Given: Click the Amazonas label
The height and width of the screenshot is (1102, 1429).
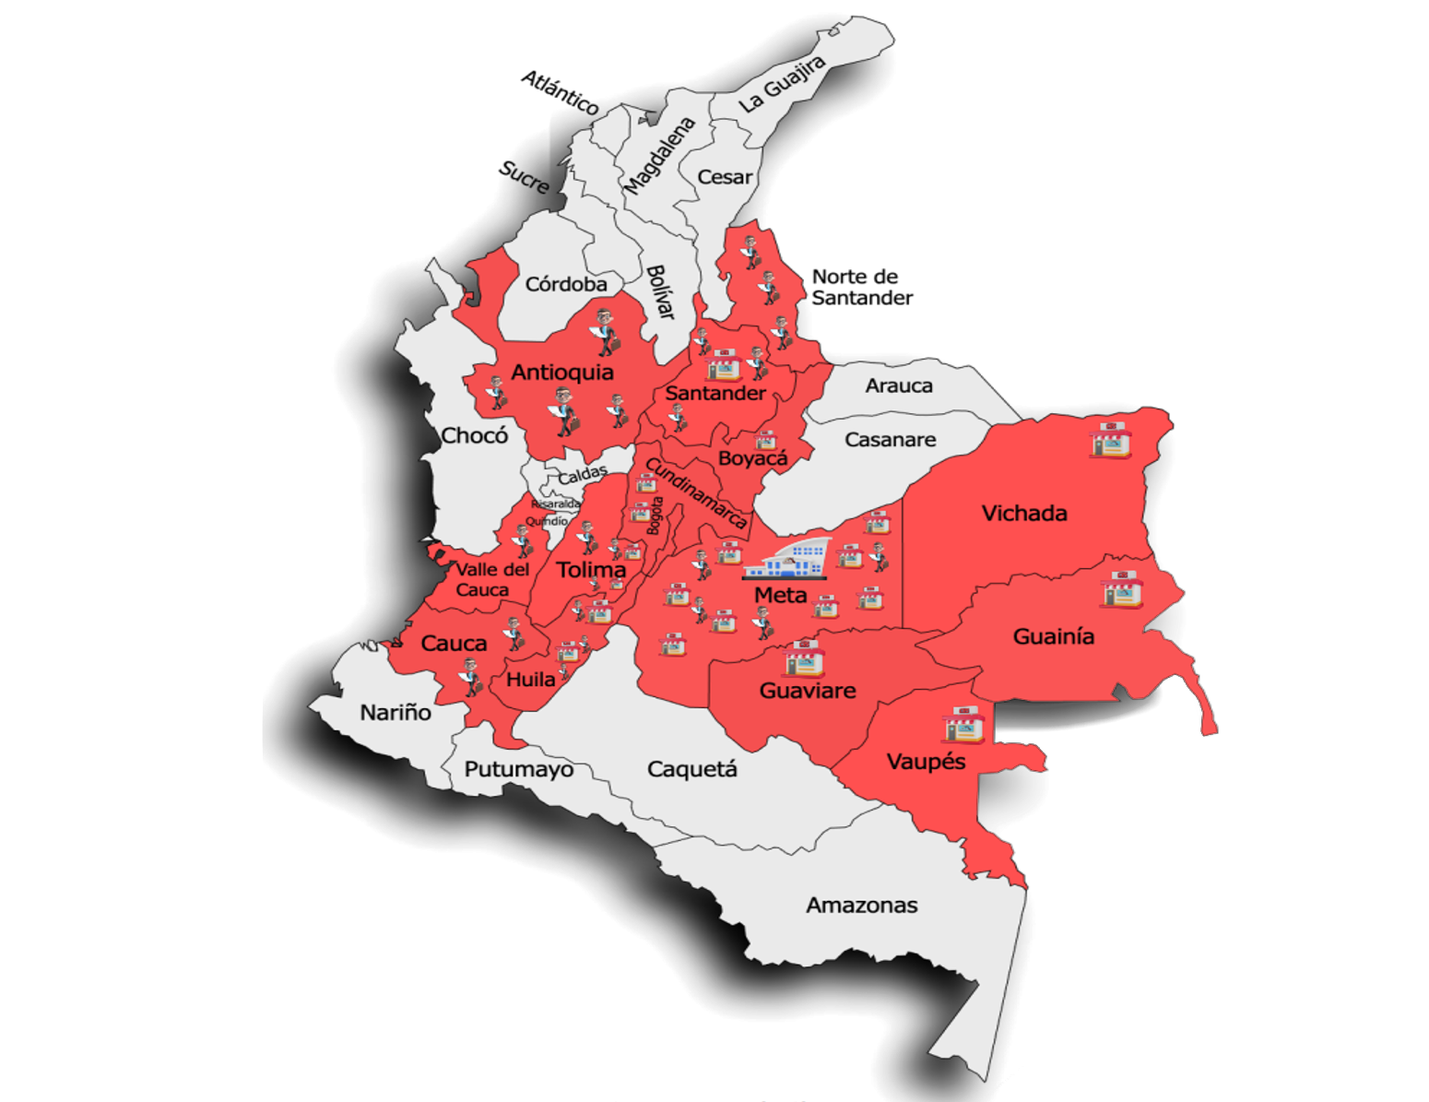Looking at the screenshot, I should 861,905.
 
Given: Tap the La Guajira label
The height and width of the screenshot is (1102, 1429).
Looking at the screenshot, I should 782,84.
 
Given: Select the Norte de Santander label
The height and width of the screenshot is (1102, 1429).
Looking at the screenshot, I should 861,287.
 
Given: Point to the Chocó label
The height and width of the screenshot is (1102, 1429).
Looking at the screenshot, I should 474,435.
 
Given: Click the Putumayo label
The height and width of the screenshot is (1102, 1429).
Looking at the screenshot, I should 518,769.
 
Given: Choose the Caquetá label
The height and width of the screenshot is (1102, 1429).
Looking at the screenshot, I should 691,769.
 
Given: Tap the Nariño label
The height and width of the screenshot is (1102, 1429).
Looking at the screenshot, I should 396,712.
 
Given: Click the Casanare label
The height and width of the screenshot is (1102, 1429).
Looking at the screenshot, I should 890,440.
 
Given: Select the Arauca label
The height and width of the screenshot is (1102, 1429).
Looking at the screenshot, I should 898,385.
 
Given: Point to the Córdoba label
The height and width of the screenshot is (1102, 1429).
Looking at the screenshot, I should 566,284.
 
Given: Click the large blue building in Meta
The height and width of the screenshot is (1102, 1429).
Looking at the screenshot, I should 788,559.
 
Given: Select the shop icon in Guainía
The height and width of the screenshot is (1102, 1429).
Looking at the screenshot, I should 1122,588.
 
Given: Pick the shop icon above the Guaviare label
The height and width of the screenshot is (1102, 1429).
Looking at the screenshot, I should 803,657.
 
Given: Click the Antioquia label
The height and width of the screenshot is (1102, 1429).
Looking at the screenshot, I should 562,373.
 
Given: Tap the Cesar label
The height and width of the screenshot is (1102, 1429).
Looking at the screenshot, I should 725,177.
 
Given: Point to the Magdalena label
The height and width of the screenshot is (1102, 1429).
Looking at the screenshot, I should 659,155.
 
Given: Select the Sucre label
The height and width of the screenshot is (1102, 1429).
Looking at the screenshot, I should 524,177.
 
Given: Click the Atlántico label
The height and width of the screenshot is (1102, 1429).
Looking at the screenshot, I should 560,92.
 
